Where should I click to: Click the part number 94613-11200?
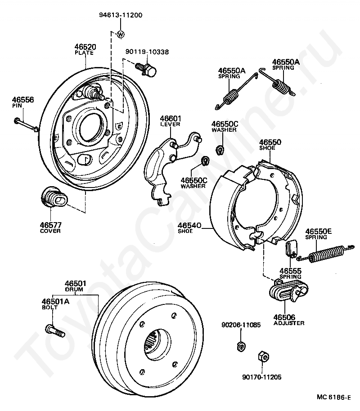point(121,15)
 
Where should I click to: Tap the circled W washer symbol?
point(121,34)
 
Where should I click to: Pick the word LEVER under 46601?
point(170,124)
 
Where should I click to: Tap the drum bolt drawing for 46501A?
point(55,331)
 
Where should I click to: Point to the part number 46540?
point(189,225)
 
